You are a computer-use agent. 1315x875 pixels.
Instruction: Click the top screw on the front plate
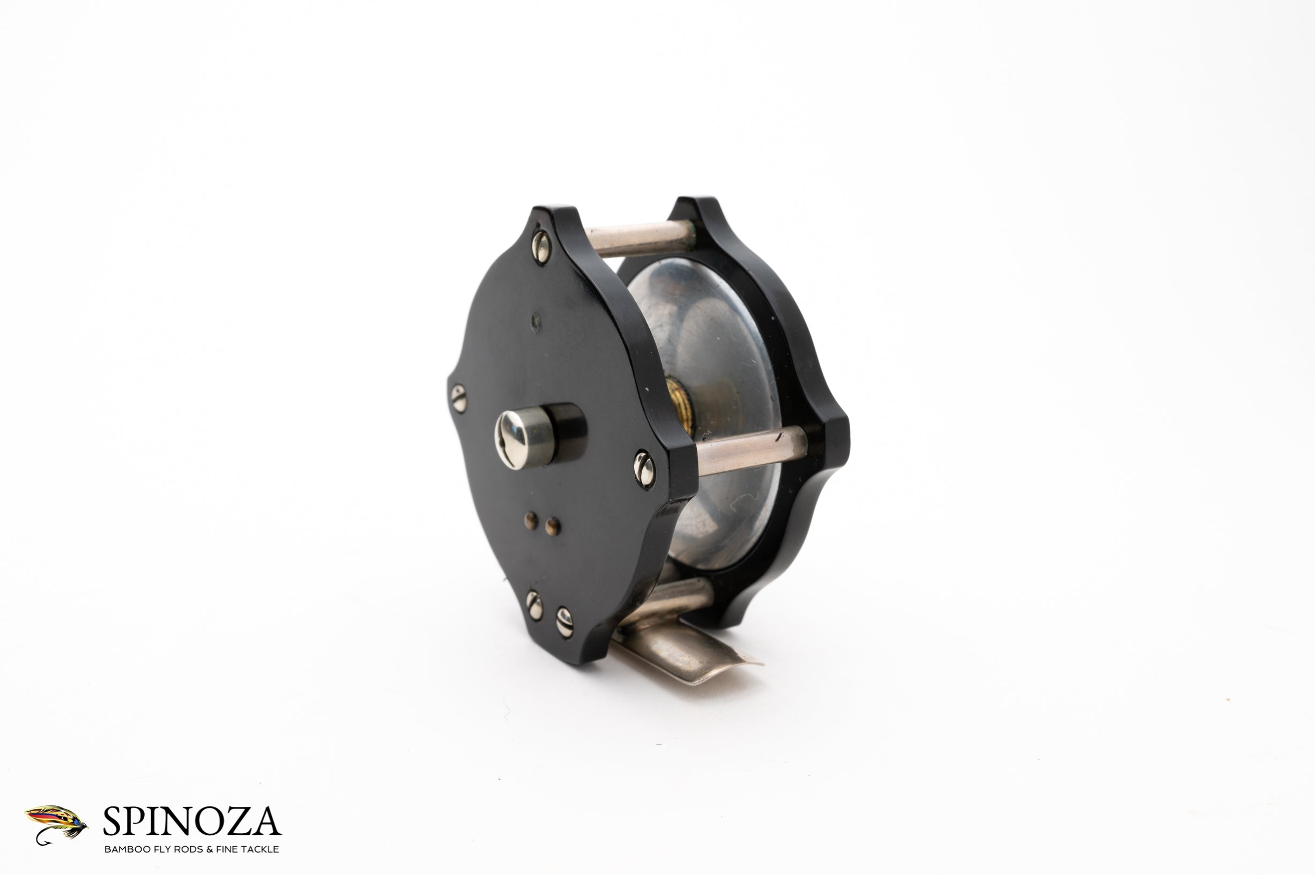[x=540, y=246]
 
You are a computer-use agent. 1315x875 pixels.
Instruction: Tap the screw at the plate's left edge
[x=458, y=398]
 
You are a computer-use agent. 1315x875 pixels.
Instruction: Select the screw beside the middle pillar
[x=644, y=470]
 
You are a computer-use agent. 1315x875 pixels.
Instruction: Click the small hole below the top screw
[x=536, y=320]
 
